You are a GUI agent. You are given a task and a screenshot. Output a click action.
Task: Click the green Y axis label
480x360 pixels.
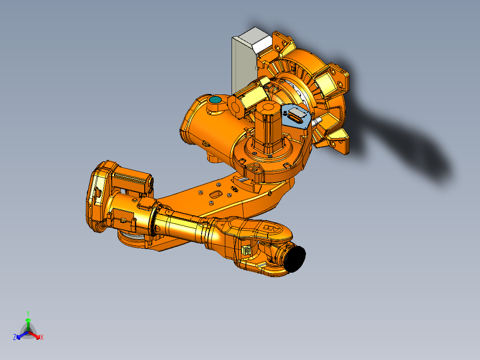[x=28, y=313]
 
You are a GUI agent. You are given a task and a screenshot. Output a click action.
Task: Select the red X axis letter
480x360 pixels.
[x=42, y=338]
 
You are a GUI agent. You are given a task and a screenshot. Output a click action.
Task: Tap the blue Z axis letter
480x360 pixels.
[x=15, y=338]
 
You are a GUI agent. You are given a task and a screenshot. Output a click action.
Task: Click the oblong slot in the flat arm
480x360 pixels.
[x=216, y=194]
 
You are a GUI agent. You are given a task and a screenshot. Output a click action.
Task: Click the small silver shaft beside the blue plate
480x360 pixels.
[x=317, y=121]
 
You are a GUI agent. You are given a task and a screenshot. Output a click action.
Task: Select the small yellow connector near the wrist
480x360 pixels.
[x=245, y=251]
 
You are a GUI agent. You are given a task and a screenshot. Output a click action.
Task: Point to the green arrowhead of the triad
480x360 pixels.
[x=28, y=320]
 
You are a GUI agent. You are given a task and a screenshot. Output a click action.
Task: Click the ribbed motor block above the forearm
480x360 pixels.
[x=131, y=178]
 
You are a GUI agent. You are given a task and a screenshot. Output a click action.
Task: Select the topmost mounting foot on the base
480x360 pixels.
[x=282, y=43]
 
